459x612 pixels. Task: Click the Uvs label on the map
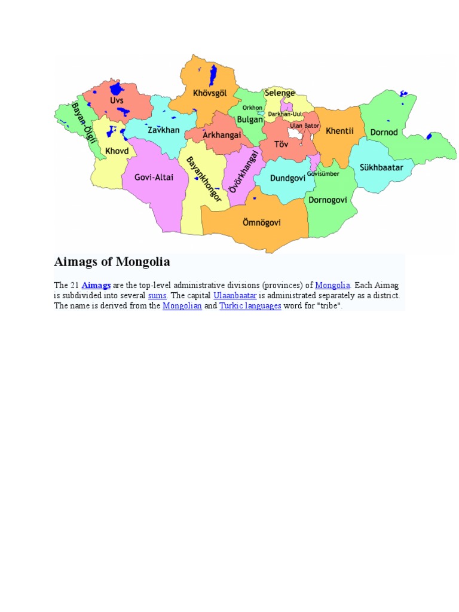coord(117,100)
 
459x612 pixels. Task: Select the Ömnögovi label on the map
coord(262,223)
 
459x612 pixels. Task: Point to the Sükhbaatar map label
coord(381,167)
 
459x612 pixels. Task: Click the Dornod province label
coord(384,132)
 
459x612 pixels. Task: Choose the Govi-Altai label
coord(154,177)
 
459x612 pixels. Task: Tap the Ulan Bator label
coord(304,126)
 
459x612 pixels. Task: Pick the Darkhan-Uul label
coord(285,114)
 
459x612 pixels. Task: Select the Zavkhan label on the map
coord(163,130)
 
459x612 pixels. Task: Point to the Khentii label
coord(339,130)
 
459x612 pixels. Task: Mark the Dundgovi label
coord(288,178)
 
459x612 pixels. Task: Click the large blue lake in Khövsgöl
coord(213,76)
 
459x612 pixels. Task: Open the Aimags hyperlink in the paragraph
coord(96,285)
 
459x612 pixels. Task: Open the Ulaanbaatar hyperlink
coord(235,295)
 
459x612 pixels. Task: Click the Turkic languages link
coord(250,305)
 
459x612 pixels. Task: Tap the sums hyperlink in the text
coord(157,295)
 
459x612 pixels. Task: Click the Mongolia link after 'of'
coord(333,285)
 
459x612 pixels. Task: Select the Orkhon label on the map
coord(252,108)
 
